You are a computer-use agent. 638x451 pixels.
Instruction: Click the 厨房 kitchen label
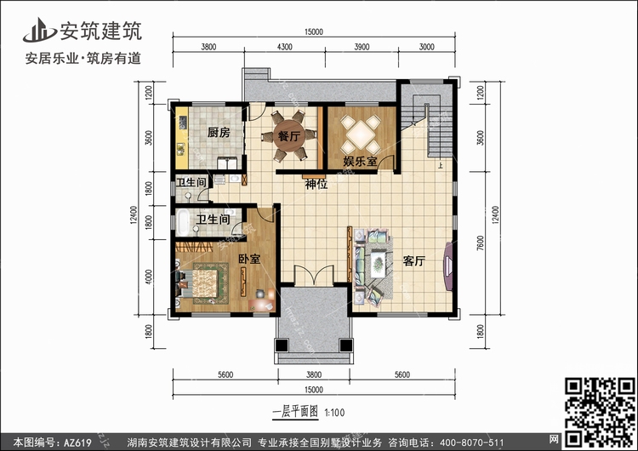pyautogui.click(x=219, y=132)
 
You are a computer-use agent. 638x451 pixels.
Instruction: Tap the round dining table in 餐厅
pyautogui.click(x=289, y=135)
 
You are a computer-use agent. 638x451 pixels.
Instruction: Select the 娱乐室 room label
pyautogui.click(x=360, y=161)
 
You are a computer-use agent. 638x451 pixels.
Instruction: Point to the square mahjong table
pyautogui.click(x=361, y=134)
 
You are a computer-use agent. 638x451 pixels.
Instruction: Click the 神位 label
pyautogui.click(x=316, y=185)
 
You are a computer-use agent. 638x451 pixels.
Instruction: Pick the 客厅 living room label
pyautogui.click(x=414, y=261)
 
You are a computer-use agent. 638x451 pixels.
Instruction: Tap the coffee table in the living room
pyautogui.click(x=379, y=265)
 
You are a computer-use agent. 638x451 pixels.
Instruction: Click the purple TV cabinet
pyautogui.click(x=448, y=266)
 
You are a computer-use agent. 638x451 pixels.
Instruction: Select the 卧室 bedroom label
pyautogui.click(x=249, y=259)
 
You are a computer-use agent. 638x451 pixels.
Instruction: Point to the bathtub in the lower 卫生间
pyautogui.click(x=183, y=222)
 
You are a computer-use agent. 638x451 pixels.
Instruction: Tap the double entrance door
pyautogui.click(x=314, y=275)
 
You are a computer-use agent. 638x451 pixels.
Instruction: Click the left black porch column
pyautogui.click(x=282, y=345)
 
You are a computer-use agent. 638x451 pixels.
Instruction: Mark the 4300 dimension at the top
pyautogui.click(x=284, y=47)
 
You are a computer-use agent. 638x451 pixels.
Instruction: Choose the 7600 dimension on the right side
pyautogui.click(x=481, y=243)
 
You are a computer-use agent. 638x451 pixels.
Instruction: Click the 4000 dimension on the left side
pyautogui.click(x=149, y=277)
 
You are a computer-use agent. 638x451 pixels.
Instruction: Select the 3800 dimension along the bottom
pyautogui.click(x=314, y=375)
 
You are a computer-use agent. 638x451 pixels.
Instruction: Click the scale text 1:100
pyautogui.click(x=334, y=413)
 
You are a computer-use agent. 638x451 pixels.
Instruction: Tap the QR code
pyautogui.click(x=600, y=412)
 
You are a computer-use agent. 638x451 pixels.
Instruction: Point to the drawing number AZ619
pyautogui.click(x=77, y=442)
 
